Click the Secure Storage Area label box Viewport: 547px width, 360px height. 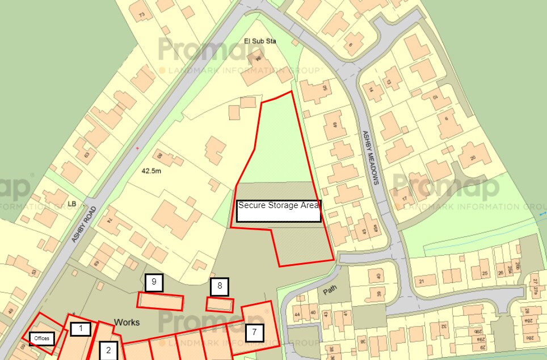point(279,210)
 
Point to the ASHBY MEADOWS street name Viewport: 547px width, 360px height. point(369,158)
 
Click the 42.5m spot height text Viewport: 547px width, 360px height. point(152,170)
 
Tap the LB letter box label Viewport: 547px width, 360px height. point(71,204)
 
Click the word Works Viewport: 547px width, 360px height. point(127,322)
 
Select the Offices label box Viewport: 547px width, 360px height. point(42,338)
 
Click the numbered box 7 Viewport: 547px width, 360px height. point(255,332)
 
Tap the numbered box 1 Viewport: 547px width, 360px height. point(81,328)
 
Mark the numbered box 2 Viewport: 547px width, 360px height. point(108,350)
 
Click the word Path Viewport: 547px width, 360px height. point(330,291)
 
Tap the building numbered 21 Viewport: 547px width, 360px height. point(421,281)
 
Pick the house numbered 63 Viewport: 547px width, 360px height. point(87,155)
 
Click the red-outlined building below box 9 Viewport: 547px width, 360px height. point(161,301)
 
